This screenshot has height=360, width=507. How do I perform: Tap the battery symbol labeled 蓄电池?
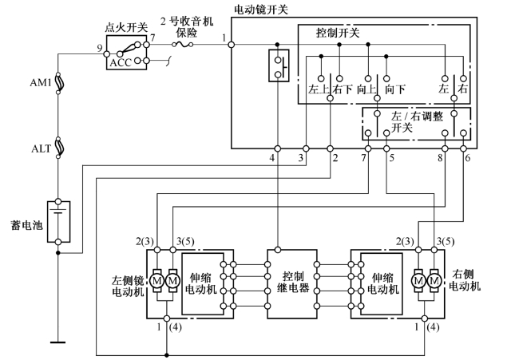(x=58, y=221)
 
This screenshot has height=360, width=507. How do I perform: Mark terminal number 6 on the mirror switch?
(x=466, y=159)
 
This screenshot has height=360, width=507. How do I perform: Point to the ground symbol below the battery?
(x=58, y=342)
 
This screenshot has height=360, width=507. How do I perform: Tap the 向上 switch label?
(x=367, y=89)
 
